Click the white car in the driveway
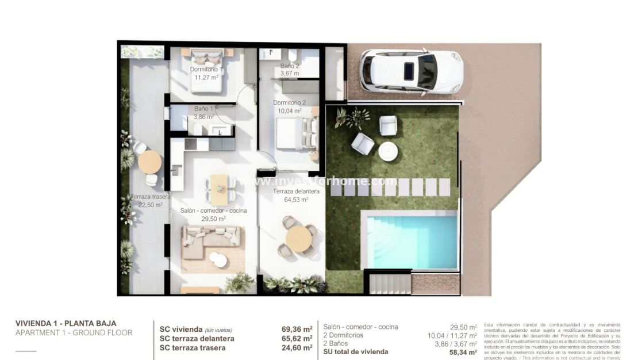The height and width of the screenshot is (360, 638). point(411,71)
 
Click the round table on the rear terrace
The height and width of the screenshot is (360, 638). point(149,162)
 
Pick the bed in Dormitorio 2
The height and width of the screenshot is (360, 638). point(297,133)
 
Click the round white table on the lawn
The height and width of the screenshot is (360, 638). point(388,151)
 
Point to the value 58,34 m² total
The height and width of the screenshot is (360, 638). point(463,351)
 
